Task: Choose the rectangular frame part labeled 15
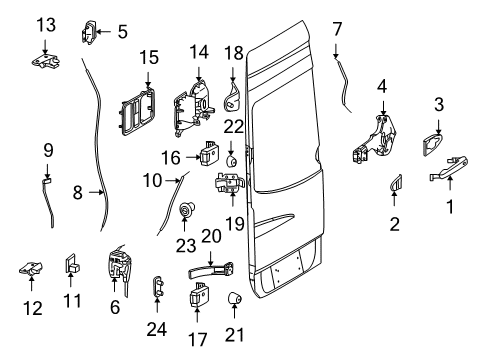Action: (x=136, y=110)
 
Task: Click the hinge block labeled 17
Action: (x=197, y=299)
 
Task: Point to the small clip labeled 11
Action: (x=72, y=263)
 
